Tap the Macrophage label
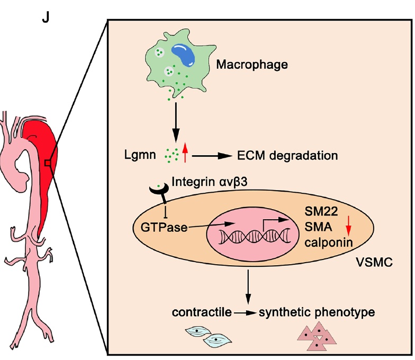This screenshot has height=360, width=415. (x=252, y=65)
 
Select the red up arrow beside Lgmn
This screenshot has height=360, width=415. (x=185, y=153)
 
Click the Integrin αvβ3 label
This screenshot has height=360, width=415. (x=211, y=183)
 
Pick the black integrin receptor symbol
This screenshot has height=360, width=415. (x=159, y=190)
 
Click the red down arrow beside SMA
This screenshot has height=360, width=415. (x=348, y=228)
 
